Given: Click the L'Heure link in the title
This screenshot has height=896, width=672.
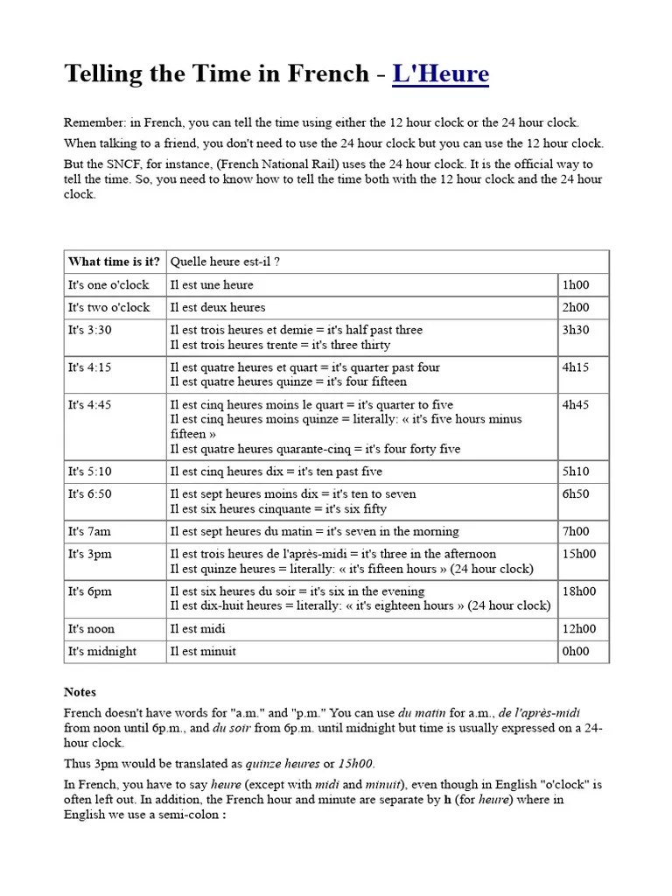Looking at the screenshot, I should pos(440,74).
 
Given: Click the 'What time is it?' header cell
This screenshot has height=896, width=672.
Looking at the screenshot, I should pos(114,262).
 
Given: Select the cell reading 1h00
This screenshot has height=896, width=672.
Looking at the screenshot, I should pos(576,284).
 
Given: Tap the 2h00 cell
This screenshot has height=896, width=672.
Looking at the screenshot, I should pos(576,307).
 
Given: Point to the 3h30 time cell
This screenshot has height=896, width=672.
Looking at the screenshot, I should pos(576,330).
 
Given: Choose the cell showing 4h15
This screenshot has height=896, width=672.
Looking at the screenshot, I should pos(576,367).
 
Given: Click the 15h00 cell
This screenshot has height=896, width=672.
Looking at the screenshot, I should pos(579,554).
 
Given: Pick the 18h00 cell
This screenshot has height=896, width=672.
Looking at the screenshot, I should pos(579,591).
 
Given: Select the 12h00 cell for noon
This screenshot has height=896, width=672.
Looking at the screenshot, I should pos(579,628).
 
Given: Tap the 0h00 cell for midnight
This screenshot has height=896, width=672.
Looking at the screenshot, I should pos(576,651).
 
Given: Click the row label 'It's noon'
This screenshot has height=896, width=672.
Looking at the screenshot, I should pos(91,628).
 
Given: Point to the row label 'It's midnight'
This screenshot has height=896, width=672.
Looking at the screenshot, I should pos(102,651).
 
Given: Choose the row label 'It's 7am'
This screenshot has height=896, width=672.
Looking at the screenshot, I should pos(90,531).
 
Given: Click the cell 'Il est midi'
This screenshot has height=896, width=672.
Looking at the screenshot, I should pos(199,628).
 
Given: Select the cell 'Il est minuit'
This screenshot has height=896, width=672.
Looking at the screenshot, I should pos(203,651).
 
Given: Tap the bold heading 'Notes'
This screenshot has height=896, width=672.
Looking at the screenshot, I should pos(80,691).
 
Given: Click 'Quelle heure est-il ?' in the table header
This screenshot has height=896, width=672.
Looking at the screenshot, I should pos(226,262).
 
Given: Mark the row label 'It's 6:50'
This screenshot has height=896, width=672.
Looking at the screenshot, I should pos(90,493).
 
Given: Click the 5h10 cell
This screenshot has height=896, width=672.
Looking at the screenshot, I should pos(576,471).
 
